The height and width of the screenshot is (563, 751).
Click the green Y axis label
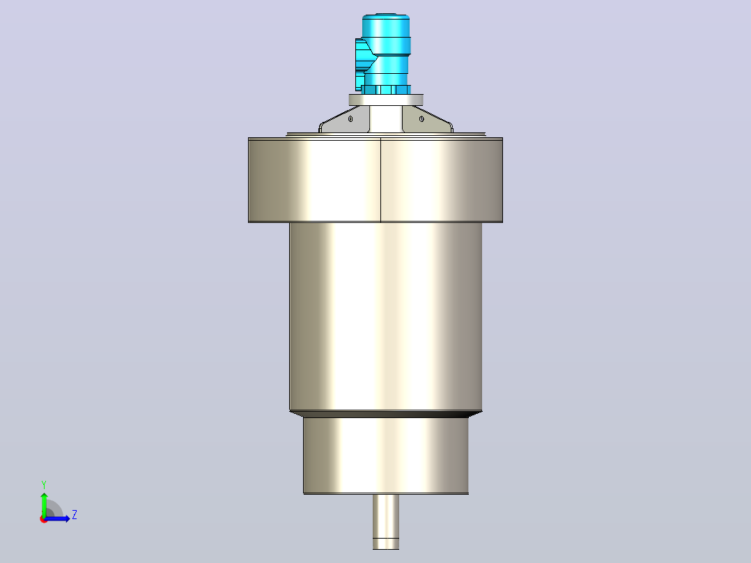point(44,485)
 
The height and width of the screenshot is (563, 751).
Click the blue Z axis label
point(75,515)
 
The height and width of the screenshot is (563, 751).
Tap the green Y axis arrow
point(44,504)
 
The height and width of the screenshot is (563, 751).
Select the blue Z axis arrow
point(57,518)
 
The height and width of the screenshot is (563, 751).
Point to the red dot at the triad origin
point(44,519)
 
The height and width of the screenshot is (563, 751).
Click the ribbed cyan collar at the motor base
point(386,90)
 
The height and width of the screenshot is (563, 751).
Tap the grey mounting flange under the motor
point(386,100)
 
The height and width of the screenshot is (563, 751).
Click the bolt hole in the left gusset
point(350,119)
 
